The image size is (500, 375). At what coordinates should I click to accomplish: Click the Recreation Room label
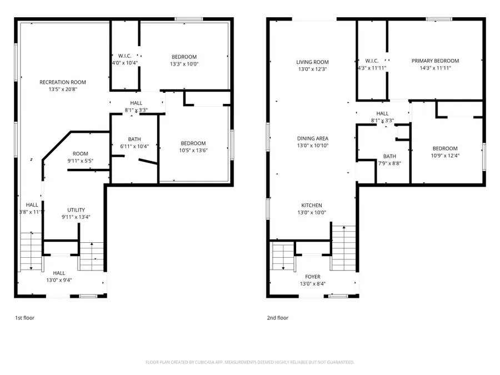coord(63,82)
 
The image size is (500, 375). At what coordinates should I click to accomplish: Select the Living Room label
coord(312,62)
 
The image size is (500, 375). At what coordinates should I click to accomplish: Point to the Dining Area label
coord(312,138)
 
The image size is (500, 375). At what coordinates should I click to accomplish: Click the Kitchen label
coord(312,205)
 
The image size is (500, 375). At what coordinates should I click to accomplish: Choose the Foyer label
coord(312,277)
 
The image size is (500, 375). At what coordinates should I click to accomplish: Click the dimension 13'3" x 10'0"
coord(183,64)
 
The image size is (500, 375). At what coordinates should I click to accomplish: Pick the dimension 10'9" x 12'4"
coord(445,156)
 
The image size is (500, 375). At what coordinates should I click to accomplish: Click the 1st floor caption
coord(25,318)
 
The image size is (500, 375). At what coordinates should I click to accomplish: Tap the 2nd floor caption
coord(278,318)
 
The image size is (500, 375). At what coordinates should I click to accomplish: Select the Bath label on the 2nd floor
coord(389,157)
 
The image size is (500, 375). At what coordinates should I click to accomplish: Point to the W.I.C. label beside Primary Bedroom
coord(372,61)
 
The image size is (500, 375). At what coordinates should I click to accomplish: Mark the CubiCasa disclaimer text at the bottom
coord(249,362)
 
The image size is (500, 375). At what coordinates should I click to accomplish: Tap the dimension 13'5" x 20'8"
coord(63,89)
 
